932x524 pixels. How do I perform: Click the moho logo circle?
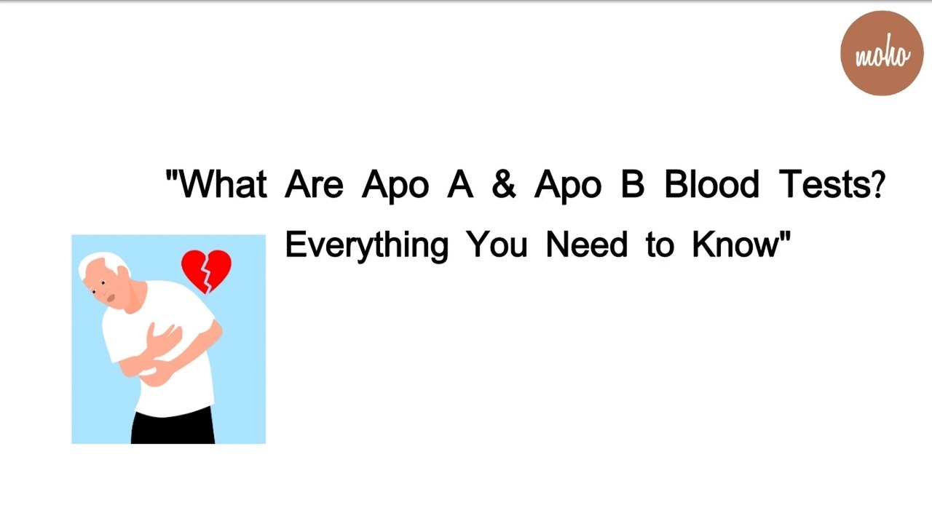point(882,53)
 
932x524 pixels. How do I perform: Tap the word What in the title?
point(223,185)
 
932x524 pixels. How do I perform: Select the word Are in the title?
point(313,185)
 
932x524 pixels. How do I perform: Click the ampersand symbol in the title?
point(503,185)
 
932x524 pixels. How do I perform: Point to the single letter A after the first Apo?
point(459,185)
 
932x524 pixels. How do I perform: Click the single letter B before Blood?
point(632,185)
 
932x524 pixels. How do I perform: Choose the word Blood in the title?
point(711,185)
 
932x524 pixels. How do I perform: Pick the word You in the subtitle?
point(497,245)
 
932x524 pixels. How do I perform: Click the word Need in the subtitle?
point(586,245)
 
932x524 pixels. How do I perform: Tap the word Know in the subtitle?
point(735,245)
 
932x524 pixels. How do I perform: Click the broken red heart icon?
point(206,271)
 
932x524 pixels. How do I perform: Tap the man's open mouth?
point(111,298)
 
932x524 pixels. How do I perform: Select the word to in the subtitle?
point(659,245)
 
